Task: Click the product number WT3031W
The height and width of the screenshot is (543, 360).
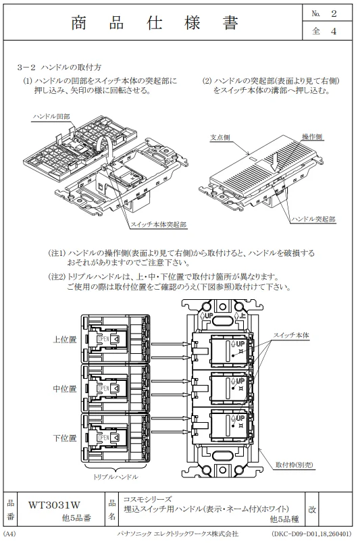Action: coord(55,505)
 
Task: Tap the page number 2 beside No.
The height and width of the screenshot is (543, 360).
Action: coord(334,14)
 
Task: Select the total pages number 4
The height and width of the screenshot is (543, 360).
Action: coord(334,31)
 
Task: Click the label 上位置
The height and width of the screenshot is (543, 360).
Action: coord(64,339)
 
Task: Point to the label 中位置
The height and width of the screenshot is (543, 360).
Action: coord(64,388)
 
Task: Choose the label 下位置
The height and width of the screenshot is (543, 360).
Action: coord(64,438)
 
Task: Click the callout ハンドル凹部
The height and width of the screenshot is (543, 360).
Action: coord(51,116)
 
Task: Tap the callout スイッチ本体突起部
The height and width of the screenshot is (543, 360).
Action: coord(158,225)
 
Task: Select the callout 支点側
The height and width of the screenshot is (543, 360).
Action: coord(220,138)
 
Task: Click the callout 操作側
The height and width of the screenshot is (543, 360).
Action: coord(312,137)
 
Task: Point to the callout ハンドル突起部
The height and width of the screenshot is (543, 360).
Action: coord(313,219)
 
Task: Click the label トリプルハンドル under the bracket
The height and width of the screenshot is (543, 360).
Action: coord(115,477)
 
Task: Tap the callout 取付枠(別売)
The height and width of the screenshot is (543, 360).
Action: coord(294,465)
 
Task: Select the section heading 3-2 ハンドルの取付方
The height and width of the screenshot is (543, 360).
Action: coord(59,67)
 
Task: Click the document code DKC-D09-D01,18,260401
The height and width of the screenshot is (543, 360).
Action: coord(311,534)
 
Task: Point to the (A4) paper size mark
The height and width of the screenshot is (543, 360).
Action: coord(9,534)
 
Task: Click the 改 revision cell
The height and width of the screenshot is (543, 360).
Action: coord(312,509)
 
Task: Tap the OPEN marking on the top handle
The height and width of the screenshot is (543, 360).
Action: coord(103,339)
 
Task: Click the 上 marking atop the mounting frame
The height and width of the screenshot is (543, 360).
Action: coord(242,315)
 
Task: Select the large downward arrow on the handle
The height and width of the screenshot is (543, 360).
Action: coord(276,161)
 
